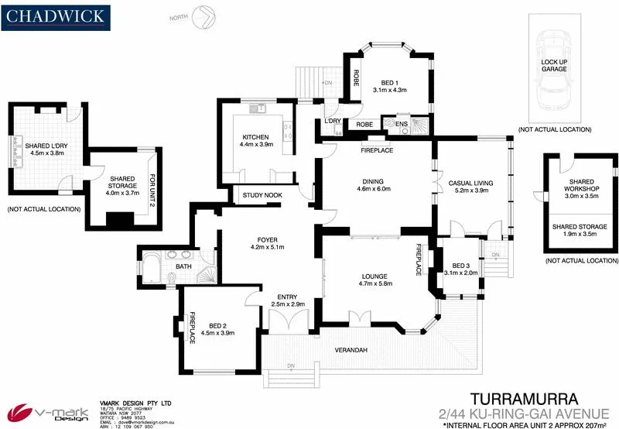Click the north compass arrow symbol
(x=205, y=14)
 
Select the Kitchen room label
(x=256, y=137)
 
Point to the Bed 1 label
(x=389, y=83)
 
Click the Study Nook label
(x=262, y=195)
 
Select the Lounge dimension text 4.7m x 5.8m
(x=375, y=284)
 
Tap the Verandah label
(x=351, y=351)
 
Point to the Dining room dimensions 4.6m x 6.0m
(x=374, y=188)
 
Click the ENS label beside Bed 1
(x=402, y=124)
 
